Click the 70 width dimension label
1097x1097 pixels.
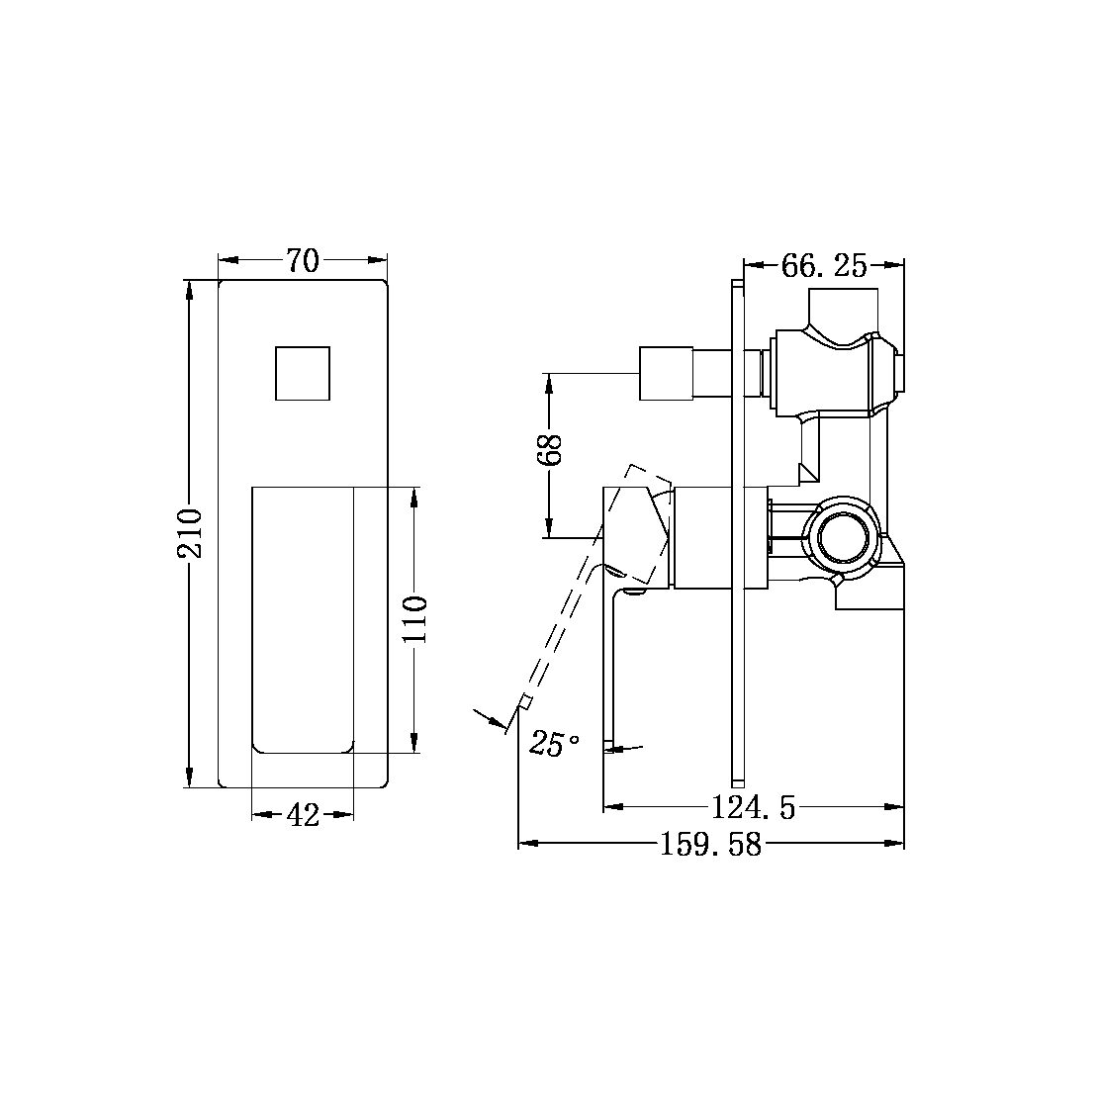(x=303, y=261)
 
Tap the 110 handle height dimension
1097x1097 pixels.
(x=416, y=619)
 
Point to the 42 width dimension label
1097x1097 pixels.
(x=303, y=815)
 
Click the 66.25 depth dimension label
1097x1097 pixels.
(x=824, y=265)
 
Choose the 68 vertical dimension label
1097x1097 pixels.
(x=551, y=449)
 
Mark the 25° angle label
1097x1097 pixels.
(x=555, y=744)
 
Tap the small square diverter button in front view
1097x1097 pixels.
(x=303, y=373)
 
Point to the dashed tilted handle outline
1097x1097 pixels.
(x=574, y=613)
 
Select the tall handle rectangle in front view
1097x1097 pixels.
(x=303, y=619)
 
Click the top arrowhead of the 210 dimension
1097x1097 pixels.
(x=190, y=287)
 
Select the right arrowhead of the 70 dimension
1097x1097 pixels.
(x=380, y=261)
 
